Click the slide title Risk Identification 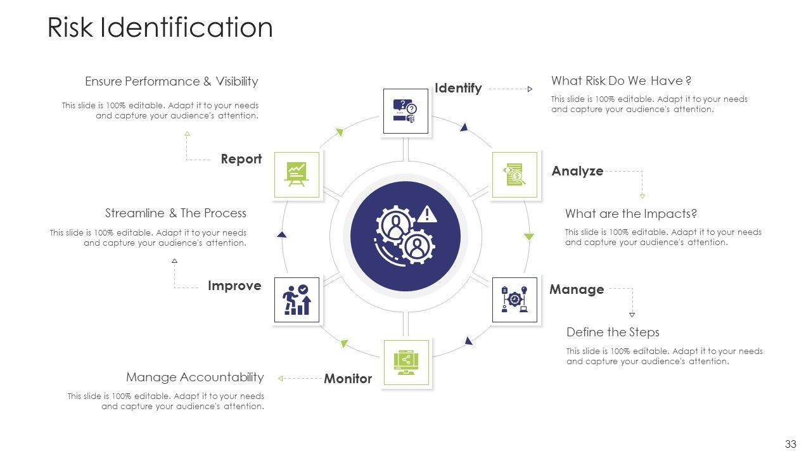click(160, 28)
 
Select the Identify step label click(458, 88)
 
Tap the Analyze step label click(577, 171)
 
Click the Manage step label click(577, 289)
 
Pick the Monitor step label click(348, 379)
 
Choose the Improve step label click(234, 286)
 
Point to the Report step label click(241, 159)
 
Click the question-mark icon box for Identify click(406, 111)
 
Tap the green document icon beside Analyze click(514, 175)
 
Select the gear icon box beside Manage click(514, 300)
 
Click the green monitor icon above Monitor click(406, 362)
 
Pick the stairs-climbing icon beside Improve click(297, 300)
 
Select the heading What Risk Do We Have click(621, 80)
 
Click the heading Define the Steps click(613, 332)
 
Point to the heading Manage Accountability click(195, 377)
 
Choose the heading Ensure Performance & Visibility click(171, 81)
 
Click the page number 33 click(790, 444)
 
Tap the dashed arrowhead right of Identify click(530, 89)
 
